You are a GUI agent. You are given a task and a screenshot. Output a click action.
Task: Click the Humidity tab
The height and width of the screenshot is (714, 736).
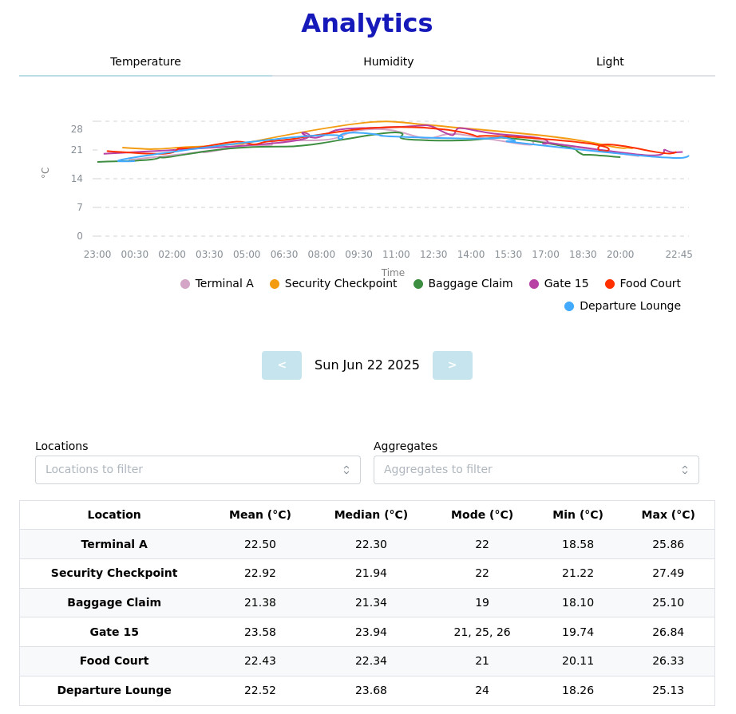coord(388,61)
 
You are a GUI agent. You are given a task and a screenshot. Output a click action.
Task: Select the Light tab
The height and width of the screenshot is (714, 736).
coord(610,61)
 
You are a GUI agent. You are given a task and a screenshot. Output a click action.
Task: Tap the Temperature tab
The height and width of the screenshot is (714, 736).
coord(145,61)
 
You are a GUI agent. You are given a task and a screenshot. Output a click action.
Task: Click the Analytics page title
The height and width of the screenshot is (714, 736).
coord(367,24)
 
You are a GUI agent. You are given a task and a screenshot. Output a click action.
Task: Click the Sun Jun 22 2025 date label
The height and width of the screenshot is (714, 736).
coord(367,365)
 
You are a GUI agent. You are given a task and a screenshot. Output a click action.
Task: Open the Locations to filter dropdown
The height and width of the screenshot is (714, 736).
coord(198,470)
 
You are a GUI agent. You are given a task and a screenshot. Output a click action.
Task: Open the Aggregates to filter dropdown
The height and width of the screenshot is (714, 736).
coord(536,470)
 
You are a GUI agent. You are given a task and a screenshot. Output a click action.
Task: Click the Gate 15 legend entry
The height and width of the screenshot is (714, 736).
coord(559,284)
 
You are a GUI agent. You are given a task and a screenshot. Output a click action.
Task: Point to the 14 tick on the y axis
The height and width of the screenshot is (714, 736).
coord(77,179)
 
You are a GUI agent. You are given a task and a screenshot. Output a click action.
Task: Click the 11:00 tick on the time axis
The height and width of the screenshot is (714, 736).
coord(396,254)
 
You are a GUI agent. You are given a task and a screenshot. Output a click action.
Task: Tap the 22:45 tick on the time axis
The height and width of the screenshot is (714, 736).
coord(679,254)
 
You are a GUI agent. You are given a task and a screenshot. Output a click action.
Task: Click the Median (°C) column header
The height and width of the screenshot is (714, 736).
coord(371,515)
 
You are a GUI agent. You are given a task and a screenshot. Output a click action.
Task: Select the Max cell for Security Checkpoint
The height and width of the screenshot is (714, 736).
coord(668,574)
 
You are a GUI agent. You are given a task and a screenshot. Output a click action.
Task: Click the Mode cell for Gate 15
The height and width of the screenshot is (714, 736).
coord(482,632)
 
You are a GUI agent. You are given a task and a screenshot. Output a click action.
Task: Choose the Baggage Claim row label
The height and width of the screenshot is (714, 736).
coord(114,603)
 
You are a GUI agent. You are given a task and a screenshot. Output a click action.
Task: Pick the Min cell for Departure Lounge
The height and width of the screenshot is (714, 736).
coord(578,690)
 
